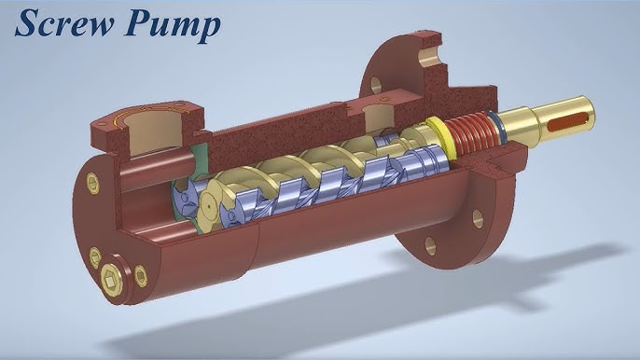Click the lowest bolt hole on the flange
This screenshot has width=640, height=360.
pos(430,244)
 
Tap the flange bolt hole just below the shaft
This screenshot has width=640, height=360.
pos(478,219)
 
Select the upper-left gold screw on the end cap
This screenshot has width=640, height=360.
pos(92,183)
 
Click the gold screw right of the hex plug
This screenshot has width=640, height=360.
pos(141,275)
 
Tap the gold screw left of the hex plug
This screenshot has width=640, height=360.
pos(95,256)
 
